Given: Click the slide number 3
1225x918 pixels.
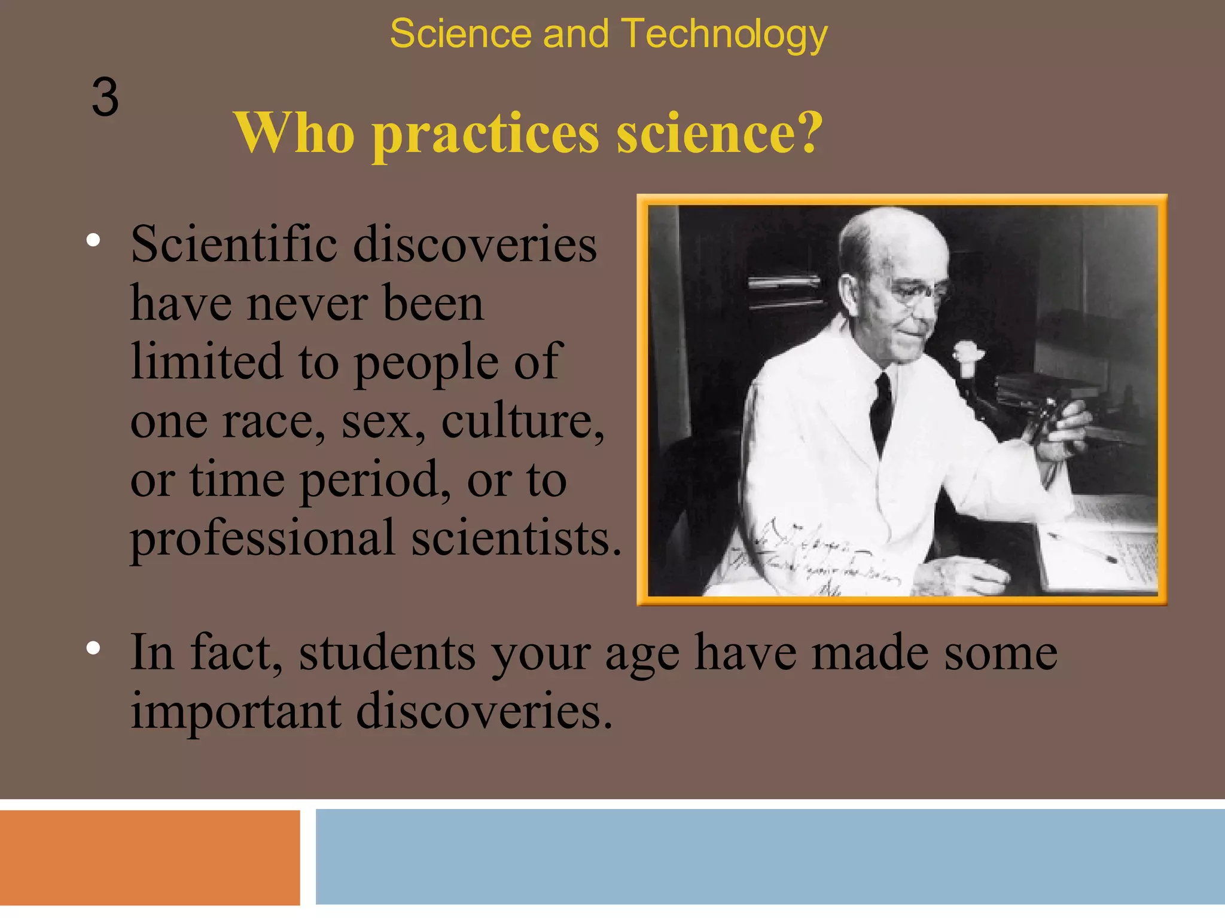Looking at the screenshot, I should point(105,97).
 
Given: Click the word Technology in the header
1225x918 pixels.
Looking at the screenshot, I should point(724,34).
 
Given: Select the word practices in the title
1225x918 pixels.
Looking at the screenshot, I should point(486,134).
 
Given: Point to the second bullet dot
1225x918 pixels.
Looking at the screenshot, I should point(93,648).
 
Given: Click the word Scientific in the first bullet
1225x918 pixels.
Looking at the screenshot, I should point(233,244).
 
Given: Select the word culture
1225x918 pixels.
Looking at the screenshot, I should point(522,421).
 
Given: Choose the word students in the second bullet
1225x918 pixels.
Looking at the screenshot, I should point(387,653).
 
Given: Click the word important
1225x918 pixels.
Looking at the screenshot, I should point(236,711).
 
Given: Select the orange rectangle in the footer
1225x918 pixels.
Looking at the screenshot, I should point(150,858).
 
